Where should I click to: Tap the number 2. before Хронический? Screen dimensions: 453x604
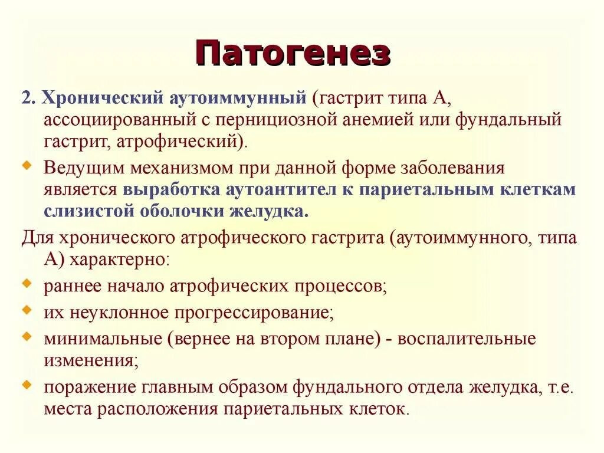29,97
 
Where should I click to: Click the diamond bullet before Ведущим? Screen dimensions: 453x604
26,166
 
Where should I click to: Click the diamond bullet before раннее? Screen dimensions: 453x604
26,284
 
